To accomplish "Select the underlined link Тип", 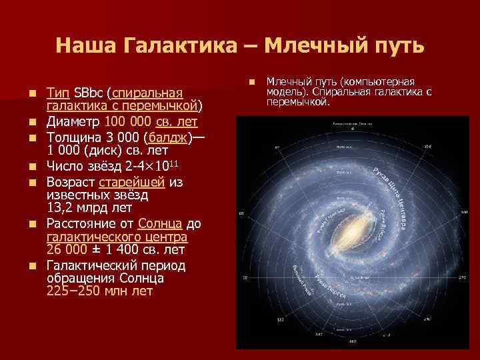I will click(x=58, y=92).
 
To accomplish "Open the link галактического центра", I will click(x=117, y=237).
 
